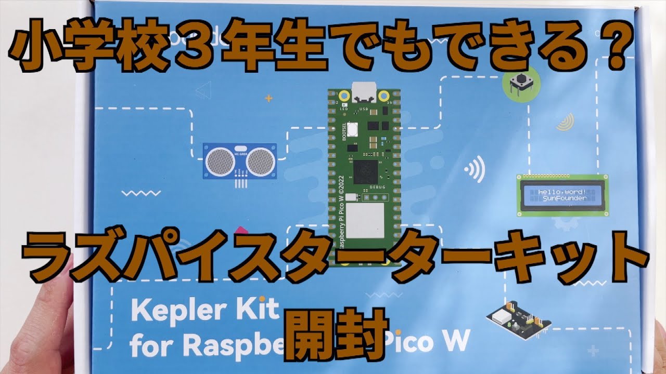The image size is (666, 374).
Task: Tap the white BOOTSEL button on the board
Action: coord(353,128)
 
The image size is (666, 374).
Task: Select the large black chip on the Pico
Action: coord(364,169)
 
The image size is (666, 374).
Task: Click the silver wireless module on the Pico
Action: coord(365,221)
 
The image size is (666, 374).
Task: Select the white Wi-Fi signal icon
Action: coord(475,169)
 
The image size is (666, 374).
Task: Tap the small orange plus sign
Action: coord(268,97)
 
